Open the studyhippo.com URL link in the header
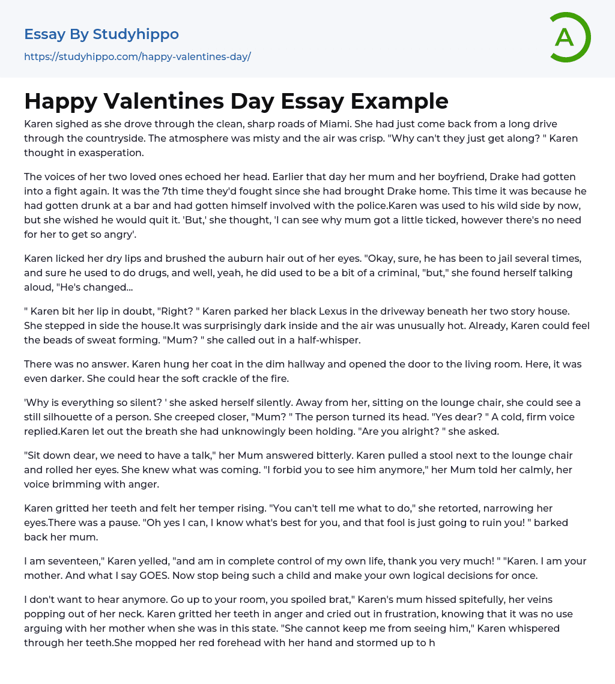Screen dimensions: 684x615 click(x=137, y=57)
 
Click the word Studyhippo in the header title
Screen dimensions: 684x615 click(x=136, y=34)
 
